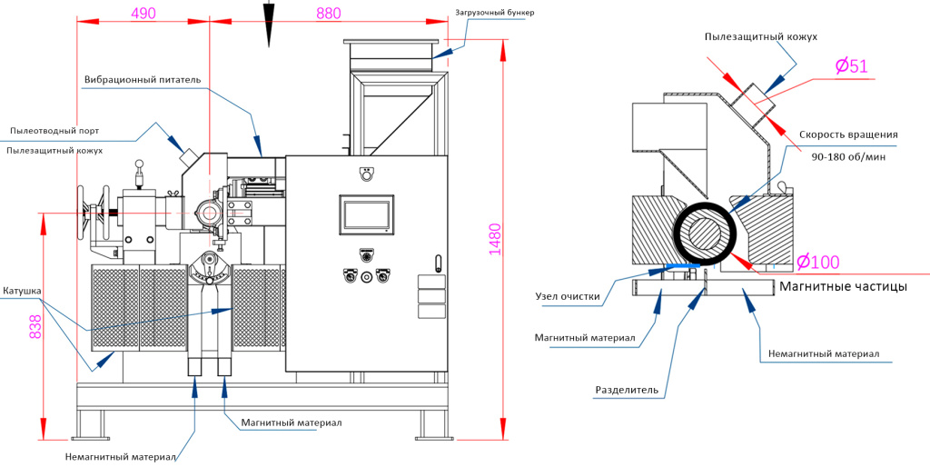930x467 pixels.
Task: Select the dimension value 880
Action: tap(329, 13)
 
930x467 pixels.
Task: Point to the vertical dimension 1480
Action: tap(495, 239)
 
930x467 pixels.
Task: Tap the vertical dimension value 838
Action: tap(35, 326)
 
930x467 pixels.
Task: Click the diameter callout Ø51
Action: tap(852, 65)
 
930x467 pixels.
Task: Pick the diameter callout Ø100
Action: tap(818, 261)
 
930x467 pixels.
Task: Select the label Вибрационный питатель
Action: tap(143, 80)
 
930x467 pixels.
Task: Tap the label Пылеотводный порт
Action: tap(54, 130)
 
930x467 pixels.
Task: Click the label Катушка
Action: tap(22, 291)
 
